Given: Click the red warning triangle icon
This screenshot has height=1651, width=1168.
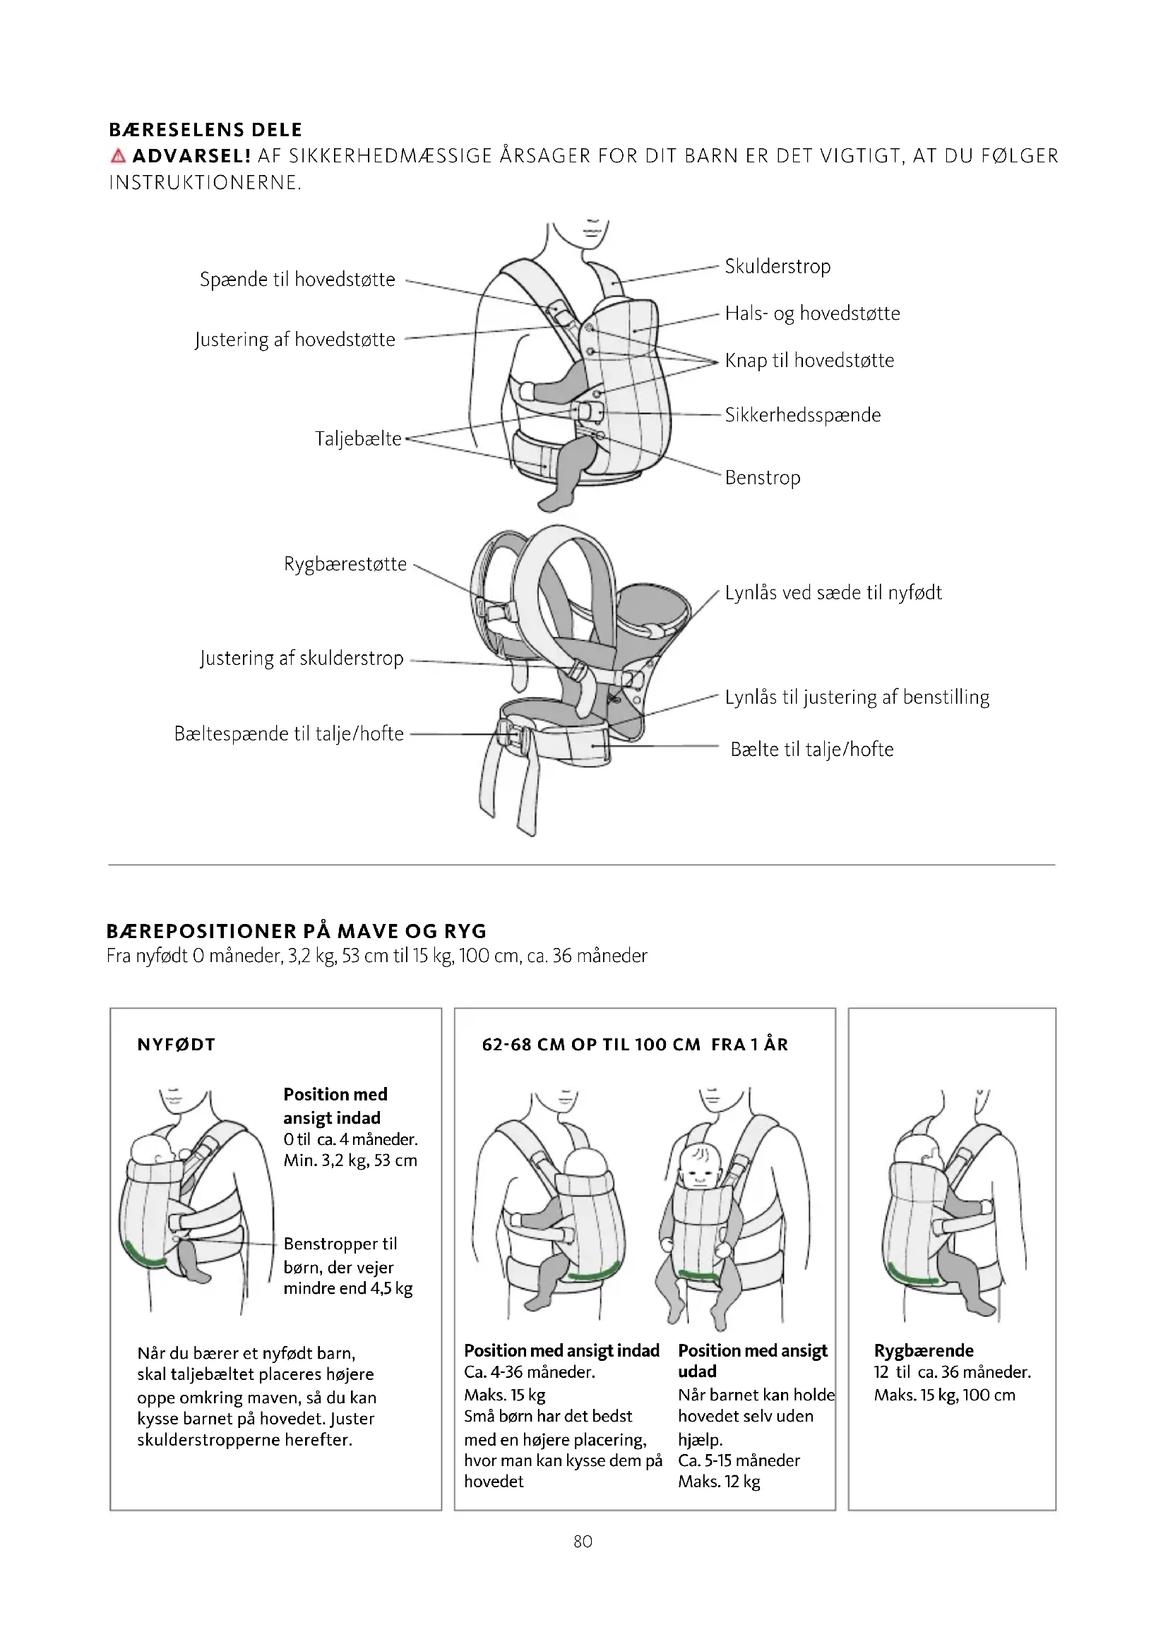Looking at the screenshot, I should click(x=119, y=155).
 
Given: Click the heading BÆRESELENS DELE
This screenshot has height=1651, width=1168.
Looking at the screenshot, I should click(x=205, y=130).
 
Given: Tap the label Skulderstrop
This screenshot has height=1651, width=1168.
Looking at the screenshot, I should click(x=777, y=267).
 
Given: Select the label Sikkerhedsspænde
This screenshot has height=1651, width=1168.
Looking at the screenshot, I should click(x=803, y=415).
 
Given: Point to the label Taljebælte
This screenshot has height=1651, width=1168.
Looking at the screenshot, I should click(x=358, y=438).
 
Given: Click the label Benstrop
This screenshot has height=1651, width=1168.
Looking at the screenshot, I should click(x=763, y=477).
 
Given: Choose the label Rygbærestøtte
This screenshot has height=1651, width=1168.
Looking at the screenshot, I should click(x=345, y=564).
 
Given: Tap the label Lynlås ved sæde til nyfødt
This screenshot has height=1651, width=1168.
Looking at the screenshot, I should click(x=833, y=592).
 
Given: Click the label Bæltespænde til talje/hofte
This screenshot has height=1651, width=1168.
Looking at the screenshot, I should click(x=289, y=733).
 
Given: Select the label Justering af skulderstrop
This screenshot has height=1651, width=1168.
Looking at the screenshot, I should click(x=302, y=658).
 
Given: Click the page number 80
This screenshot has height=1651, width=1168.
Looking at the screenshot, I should click(x=583, y=1541).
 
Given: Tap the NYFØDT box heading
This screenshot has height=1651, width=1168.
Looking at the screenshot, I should click(x=177, y=1045).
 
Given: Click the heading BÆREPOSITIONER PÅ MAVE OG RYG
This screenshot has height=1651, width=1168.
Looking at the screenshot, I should click(x=297, y=931).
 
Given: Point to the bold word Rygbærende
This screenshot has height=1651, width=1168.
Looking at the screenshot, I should click(x=924, y=1350).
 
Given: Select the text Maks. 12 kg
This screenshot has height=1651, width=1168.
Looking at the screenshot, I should click(x=718, y=1482).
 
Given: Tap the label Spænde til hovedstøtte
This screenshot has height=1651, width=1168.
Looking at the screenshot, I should click(x=297, y=280).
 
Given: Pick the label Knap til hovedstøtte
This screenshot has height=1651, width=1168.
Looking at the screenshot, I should click(x=809, y=360).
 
